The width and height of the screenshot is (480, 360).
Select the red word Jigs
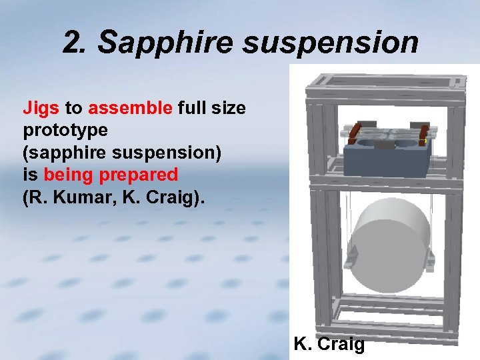tap(41, 107)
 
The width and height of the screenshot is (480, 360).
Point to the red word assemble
tap(130, 107)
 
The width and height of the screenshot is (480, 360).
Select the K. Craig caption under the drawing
tap(329, 345)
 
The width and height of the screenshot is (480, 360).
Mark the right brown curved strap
tap(421, 133)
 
